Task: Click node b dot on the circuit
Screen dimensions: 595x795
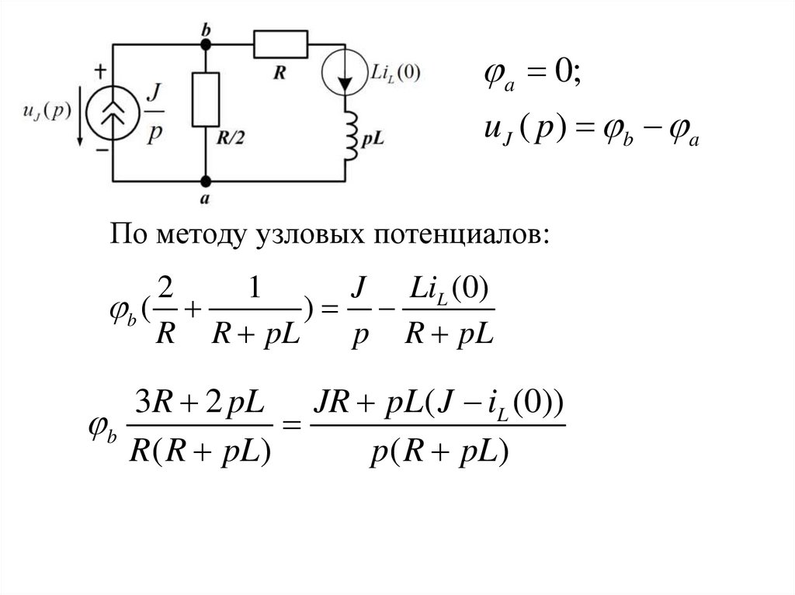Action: pos(206,44)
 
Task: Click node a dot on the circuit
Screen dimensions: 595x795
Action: pos(206,182)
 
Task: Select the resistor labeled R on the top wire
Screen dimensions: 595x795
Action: pos(280,44)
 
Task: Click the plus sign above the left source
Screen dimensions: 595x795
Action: pos(101,72)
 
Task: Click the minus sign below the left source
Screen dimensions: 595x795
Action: pos(102,153)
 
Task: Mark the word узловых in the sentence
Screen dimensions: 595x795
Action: pos(300,233)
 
